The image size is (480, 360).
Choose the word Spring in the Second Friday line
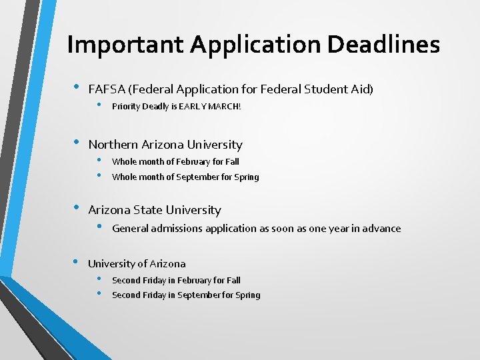247,295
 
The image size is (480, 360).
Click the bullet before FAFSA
76,87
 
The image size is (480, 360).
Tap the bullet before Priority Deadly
99,105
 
